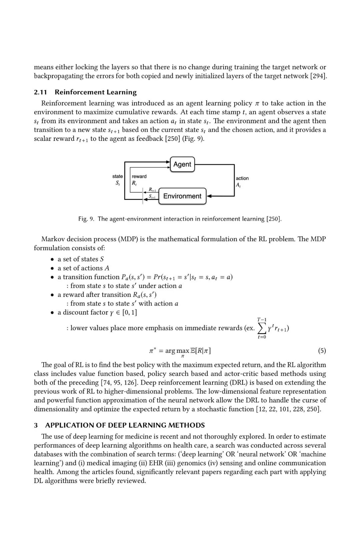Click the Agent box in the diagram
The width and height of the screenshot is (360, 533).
[182, 164]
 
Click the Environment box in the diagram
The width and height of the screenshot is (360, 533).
[182, 196]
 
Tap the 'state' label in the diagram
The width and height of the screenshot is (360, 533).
[117, 176]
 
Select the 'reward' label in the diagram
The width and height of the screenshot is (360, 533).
[139, 176]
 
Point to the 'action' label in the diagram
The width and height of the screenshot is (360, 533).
[242, 178]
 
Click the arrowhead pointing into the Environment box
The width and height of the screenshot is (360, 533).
[209, 196]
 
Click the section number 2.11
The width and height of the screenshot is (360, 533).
[40, 92]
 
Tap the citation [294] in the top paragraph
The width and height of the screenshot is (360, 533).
[318, 76]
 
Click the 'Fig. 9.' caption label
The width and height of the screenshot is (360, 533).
[86, 219]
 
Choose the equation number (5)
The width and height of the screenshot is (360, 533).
[322, 350]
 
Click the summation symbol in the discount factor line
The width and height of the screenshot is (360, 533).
[262, 328]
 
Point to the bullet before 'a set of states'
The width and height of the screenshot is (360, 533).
[52, 259]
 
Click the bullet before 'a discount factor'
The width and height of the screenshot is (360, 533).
[52, 312]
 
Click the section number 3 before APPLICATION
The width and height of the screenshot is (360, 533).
[36, 425]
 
